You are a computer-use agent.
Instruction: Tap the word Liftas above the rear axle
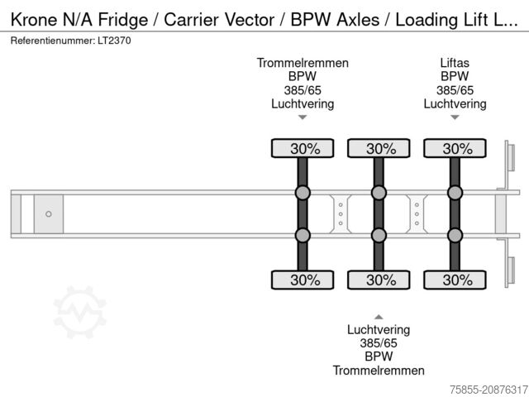(455, 63)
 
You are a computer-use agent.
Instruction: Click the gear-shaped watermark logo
(80, 312)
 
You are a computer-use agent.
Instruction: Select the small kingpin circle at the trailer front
(49, 214)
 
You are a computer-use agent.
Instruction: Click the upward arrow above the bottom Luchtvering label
(379, 316)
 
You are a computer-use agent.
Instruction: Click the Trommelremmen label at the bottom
(379, 371)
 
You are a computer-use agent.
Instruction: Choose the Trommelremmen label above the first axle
(303, 63)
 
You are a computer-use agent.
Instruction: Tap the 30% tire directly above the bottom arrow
(379, 280)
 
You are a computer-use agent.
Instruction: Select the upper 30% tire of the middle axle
(379, 149)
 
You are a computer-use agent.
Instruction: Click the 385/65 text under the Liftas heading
(455, 90)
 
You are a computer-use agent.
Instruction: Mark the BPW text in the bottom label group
(379, 356)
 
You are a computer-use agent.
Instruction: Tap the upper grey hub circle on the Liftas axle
(455, 194)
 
